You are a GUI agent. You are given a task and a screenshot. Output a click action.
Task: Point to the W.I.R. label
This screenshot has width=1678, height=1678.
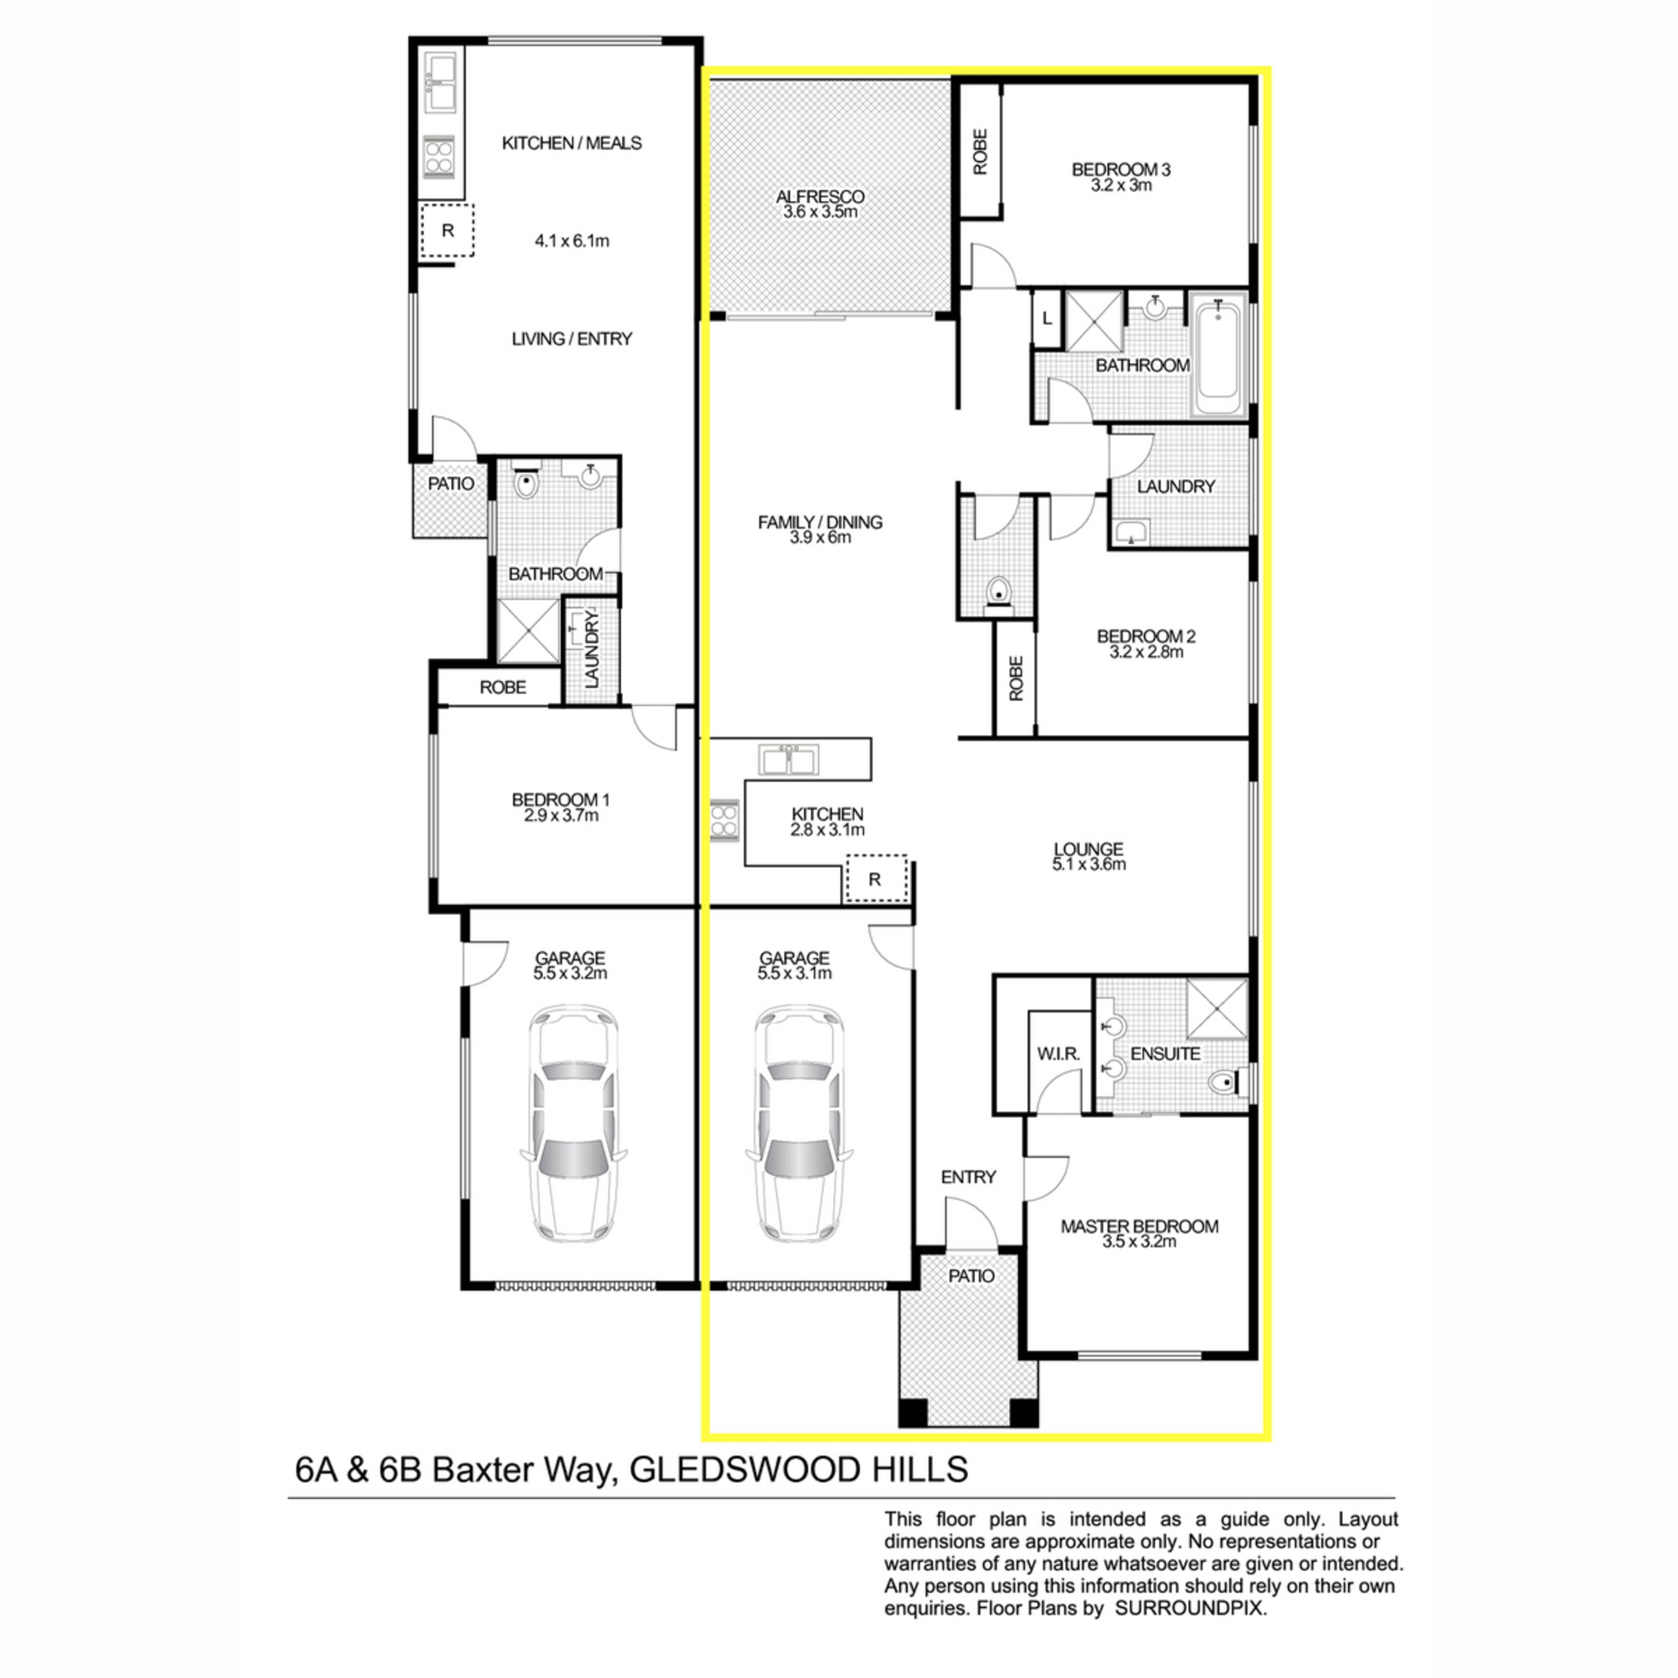1058,1053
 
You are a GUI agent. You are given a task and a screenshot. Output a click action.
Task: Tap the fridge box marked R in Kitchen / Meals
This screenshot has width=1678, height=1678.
447,230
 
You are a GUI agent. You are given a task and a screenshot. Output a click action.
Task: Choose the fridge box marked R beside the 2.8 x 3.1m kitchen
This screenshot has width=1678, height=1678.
875,879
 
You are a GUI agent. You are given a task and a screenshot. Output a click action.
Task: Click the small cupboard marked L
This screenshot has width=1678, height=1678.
1047,319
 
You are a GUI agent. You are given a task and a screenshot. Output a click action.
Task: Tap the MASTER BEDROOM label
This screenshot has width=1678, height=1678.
1139,1226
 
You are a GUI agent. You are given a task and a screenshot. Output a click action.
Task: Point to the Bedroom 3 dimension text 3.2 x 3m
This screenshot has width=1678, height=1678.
1121,185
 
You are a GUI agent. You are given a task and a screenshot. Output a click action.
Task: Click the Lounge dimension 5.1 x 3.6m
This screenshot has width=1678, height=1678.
1088,864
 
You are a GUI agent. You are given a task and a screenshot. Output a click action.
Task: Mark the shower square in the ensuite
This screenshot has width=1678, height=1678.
1217,1008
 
